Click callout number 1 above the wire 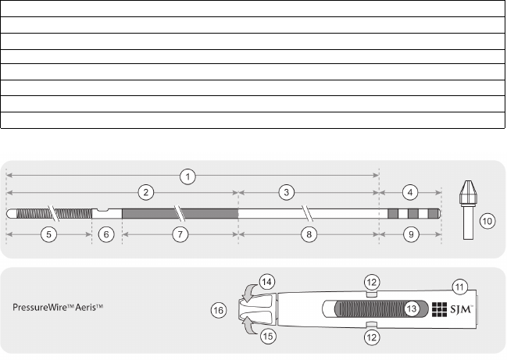[x=187, y=175]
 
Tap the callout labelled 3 [x=287, y=191]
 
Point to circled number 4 [x=409, y=191]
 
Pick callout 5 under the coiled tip [x=48, y=233]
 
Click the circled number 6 [x=107, y=233]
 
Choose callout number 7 [x=179, y=233]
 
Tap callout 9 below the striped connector [x=409, y=233]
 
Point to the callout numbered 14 [x=267, y=283]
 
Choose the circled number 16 [x=220, y=311]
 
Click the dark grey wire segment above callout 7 [x=179, y=213]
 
